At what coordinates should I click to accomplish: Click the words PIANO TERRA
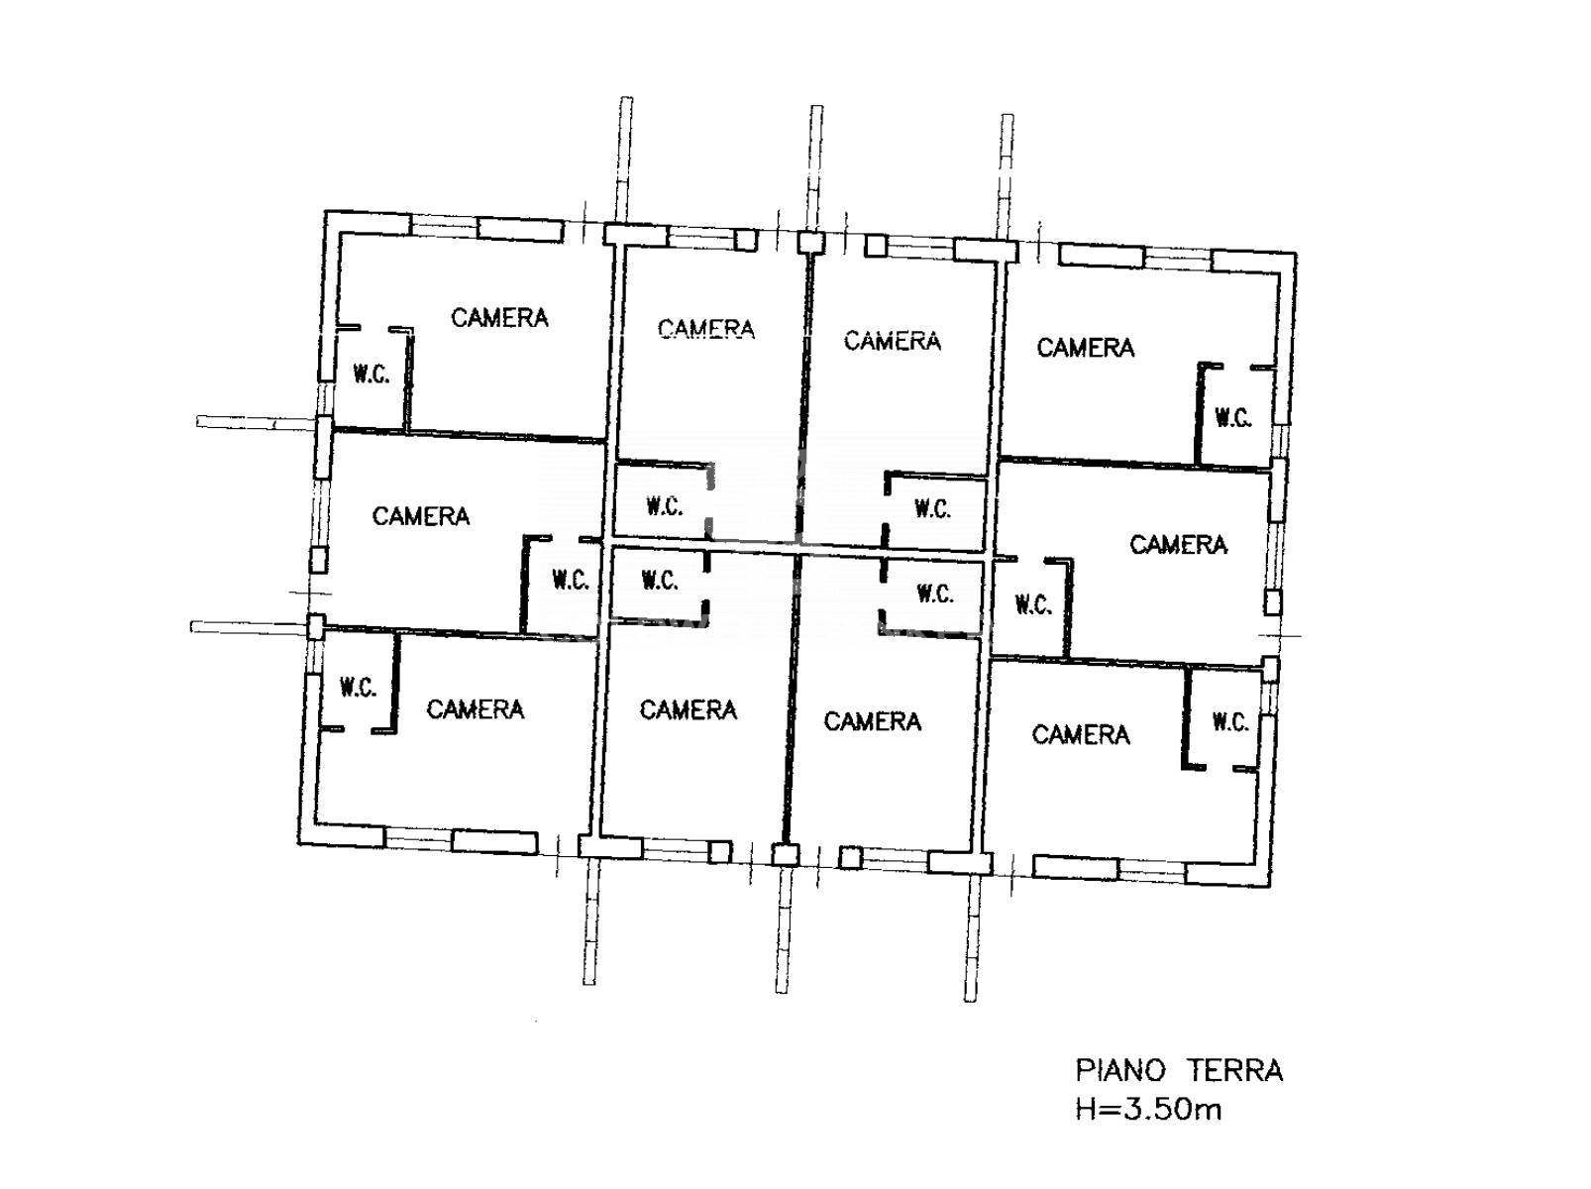click(1179, 1071)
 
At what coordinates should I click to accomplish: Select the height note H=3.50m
click(1148, 1110)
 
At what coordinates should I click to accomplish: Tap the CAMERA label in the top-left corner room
click(499, 317)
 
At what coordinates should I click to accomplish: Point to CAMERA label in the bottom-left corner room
click(475, 709)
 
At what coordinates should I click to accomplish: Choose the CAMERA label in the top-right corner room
click(1085, 348)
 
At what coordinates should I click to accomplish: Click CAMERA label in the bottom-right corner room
click(1081, 735)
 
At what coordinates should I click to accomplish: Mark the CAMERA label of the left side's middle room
click(420, 516)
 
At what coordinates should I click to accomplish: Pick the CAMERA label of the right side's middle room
click(1179, 545)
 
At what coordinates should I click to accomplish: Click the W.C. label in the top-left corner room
click(371, 375)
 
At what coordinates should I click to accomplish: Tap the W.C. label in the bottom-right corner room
click(1230, 722)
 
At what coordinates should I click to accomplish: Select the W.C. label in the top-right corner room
click(1233, 418)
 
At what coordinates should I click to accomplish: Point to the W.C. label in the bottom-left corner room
click(358, 688)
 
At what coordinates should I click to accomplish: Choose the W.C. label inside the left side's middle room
click(571, 580)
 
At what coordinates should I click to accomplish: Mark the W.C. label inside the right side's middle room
click(1033, 604)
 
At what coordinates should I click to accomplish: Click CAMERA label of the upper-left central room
click(706, 329)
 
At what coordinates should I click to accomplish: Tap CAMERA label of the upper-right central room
click(893, 341)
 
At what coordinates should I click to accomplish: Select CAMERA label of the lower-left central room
click(688, 709)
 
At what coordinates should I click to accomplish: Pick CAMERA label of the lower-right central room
click(873, 721)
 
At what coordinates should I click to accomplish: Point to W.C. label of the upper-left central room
click(664, 506)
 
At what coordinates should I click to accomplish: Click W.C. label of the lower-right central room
click(935, 594)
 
